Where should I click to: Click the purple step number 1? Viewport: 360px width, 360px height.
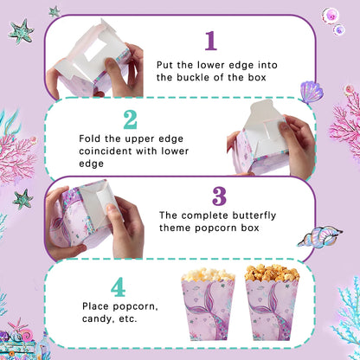coord(211,41)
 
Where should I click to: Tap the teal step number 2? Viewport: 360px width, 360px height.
coord(130,119)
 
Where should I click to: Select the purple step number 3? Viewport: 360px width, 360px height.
coord(219,196)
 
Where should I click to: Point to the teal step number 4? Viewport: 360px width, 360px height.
coord(119,287)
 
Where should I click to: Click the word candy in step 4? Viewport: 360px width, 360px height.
coord(97,319)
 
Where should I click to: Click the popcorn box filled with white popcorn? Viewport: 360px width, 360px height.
coord(209,304)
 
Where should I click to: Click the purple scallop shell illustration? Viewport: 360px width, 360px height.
coord(311,92)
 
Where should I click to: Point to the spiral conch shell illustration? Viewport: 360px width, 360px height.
coord(320,236)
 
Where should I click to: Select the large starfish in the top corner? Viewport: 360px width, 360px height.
coord(22,31)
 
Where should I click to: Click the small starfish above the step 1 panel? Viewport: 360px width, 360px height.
coord(55,11)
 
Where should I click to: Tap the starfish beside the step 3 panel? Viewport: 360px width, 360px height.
coord(22,199)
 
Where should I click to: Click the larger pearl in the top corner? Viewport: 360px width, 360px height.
coord(330,16)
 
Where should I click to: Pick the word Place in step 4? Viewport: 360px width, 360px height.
coord(96,306)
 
